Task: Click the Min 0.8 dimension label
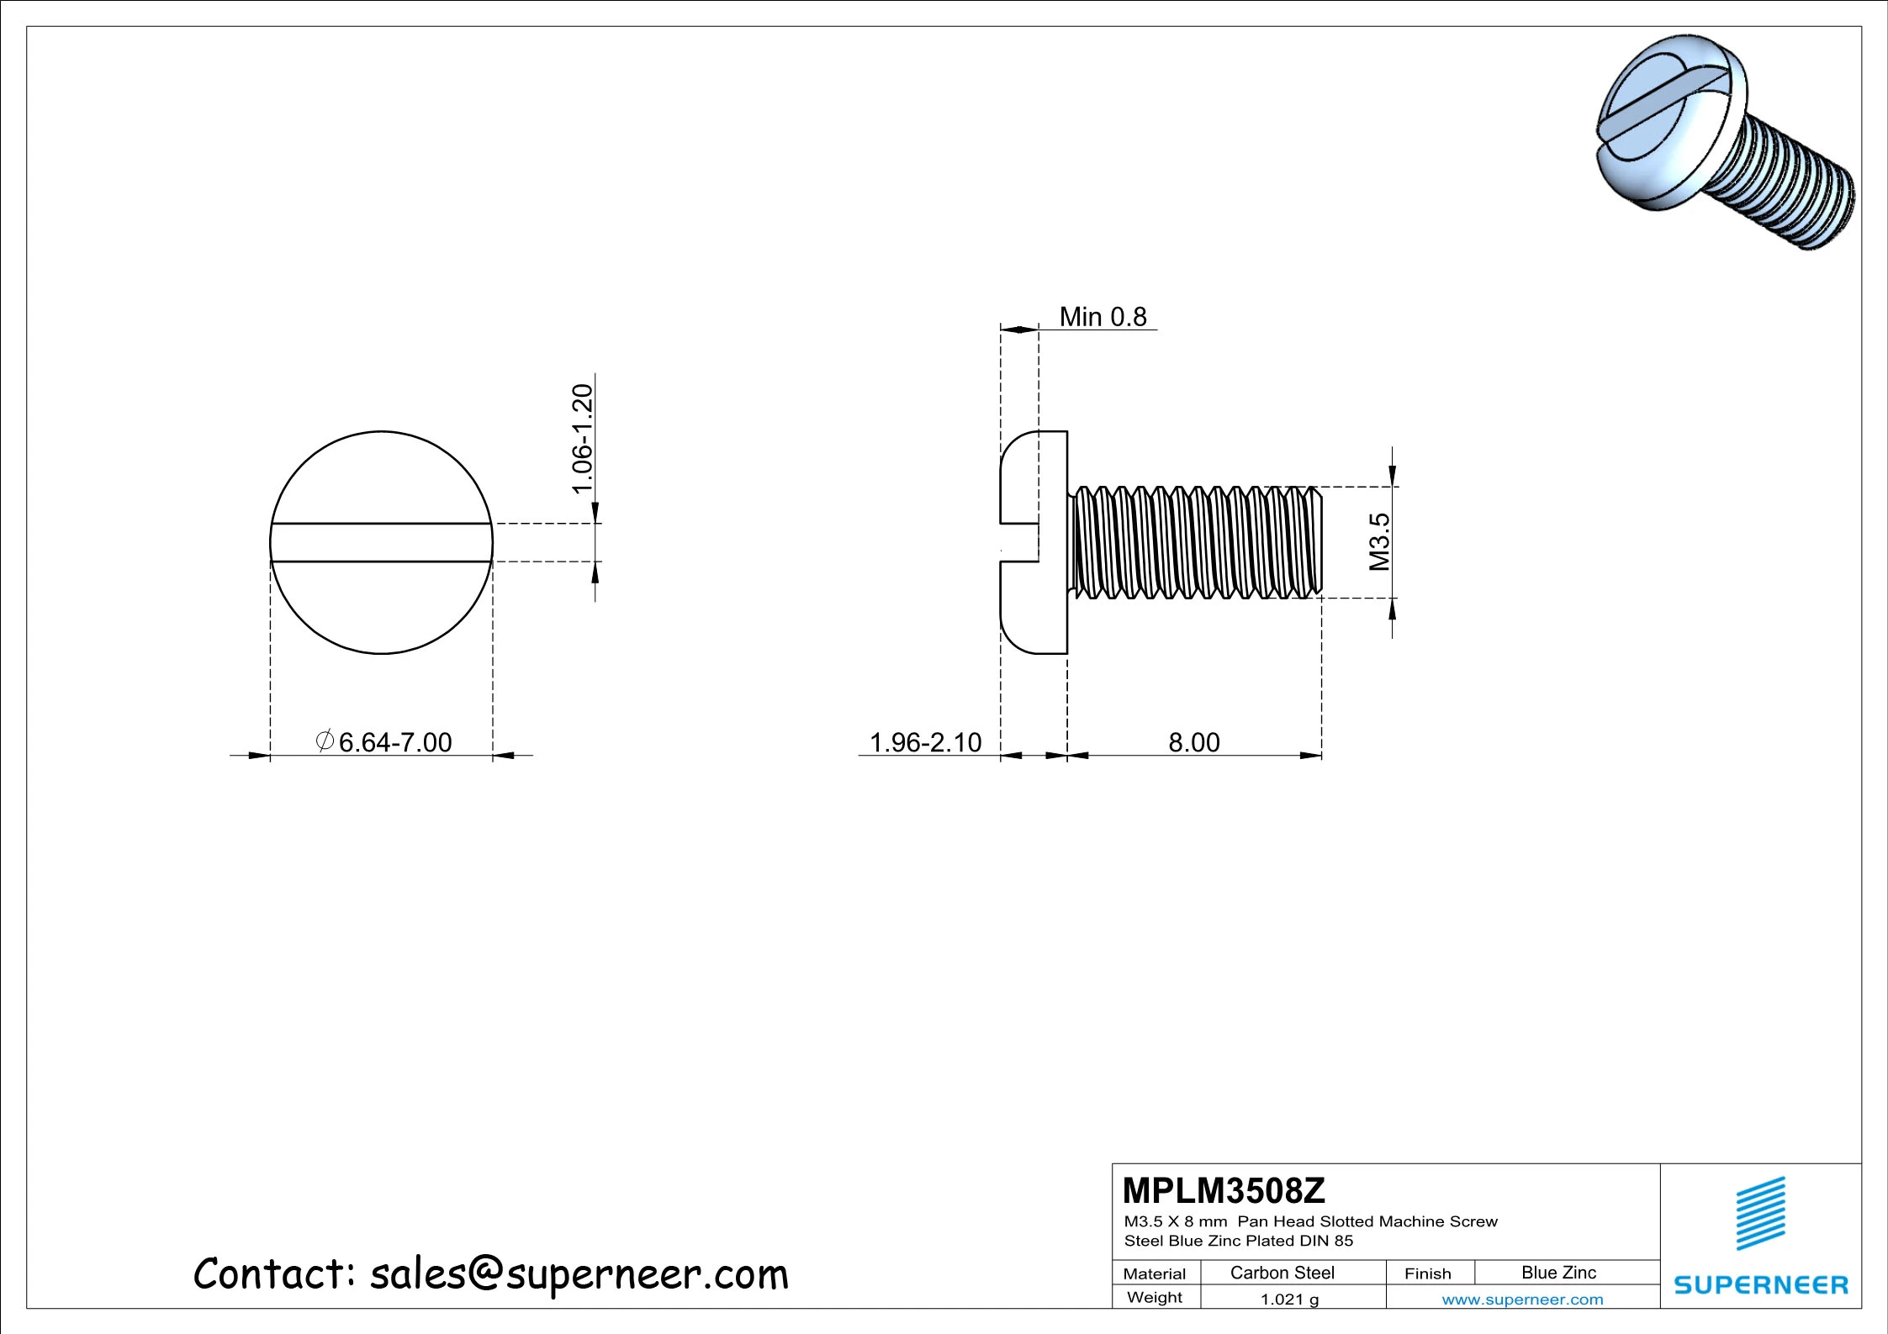coord(1103,317)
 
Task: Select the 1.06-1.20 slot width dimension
coord(583,439)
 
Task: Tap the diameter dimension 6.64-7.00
coord(385,742)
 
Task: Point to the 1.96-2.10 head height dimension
coord(925,742)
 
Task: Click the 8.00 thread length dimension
coord(1193,742)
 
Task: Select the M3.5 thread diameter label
coord(1379,542)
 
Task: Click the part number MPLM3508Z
coord(1224,1190)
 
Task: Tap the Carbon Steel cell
coord(1282,1273)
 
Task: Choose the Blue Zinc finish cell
coord(1558,1273)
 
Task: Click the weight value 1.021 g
coord(1289,1300)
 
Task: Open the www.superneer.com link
coord(1522,1300)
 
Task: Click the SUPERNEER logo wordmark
coord(1761,1285)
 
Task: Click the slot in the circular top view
coord(381,542)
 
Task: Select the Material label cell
coord(1154,1273)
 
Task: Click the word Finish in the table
coord(1427,1273)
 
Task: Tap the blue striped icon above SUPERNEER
coord(1761,1213)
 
